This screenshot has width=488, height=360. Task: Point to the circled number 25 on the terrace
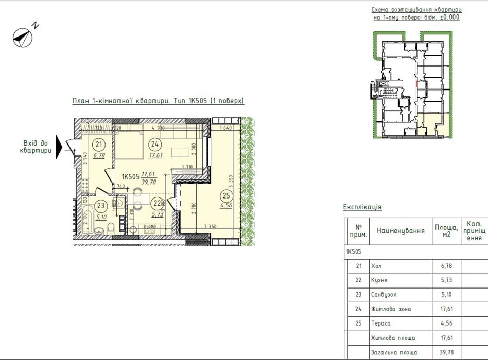click(226, 195)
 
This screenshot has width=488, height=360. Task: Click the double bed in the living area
click(128, 145)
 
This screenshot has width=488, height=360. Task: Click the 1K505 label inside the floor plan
click(131, 176)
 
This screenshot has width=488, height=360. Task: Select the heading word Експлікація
click(362, 207)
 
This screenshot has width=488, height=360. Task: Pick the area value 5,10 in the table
click(446, 295)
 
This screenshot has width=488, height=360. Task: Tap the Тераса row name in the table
click(381, 323)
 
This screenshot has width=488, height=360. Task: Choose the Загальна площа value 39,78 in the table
click(446, 352)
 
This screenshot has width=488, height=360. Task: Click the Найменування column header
click(400, 231)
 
